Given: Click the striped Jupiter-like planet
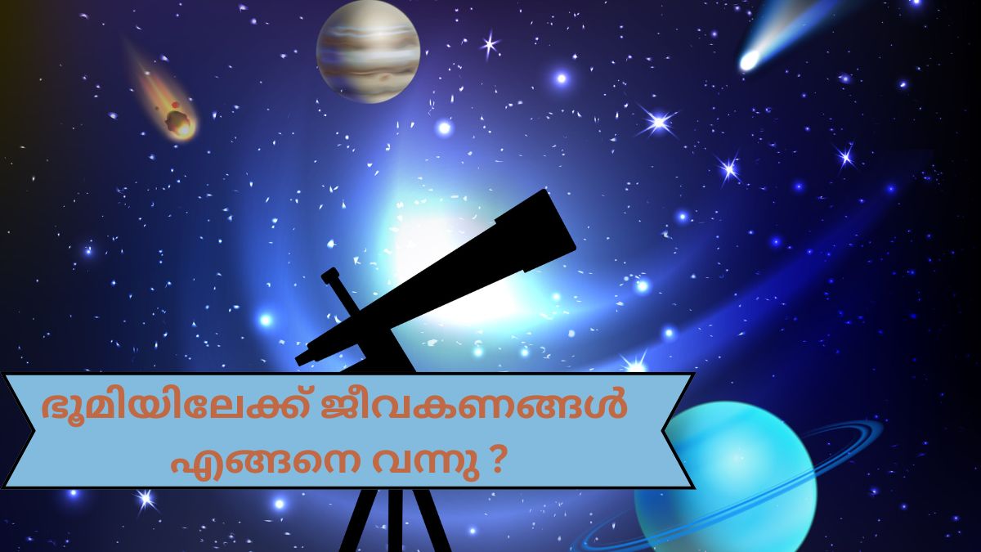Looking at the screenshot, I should [x=368, y=51].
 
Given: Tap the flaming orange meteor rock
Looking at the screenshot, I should [x=180, y=123].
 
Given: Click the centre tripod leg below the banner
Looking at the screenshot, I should [x=395, y=523].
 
